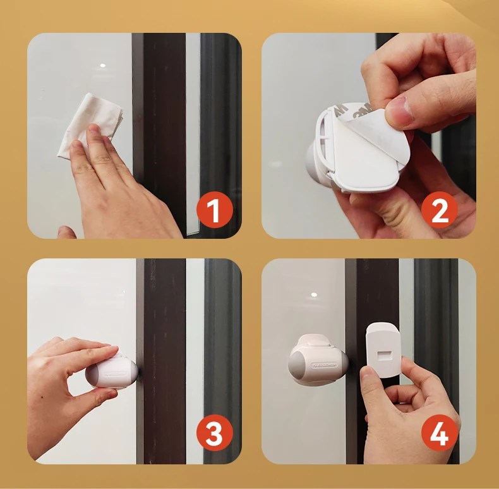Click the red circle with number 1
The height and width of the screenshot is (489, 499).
(x=214, y=210)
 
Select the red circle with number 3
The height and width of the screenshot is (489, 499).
(x=214, y=435)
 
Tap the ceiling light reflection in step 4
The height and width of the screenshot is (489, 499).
(x=313, y=295)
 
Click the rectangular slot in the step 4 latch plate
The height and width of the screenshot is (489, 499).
(x=382, y=352)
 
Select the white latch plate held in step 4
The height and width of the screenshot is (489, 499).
(x=382, y=351)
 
